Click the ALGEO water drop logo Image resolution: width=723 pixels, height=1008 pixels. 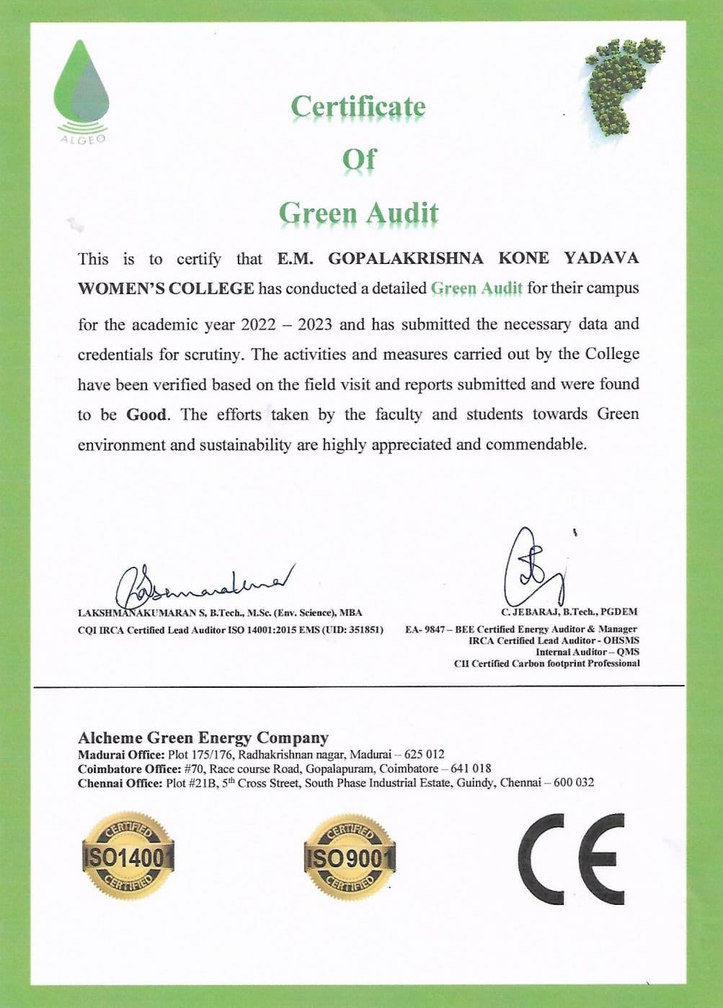pyautogui.click(x=81, y=90)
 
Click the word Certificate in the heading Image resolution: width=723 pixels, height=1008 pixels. pyautogui.click(x=358, y=107)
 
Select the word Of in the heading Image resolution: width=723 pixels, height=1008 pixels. pyautogui.click(x=359, y=159)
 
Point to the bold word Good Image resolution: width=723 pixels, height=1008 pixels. pyautogui.click(x=146, y=415)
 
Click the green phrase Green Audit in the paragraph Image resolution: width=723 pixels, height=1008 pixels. pyautogui.click(x=476, y=288)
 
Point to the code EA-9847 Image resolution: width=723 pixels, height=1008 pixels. pyautogui.click(x=425, y=629)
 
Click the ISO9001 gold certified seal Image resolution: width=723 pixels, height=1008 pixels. pyautogui.click(x=350, y=857)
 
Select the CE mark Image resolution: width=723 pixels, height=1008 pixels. pyautogui.click(x=571, y=858)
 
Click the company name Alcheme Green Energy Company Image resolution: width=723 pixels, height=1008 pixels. pyautogui.click(x=203, y=738)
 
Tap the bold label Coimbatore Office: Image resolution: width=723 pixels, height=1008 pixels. pyautogui.click(x=129, y=769)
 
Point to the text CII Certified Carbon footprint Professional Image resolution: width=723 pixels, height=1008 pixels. pyautogui.click(x=546, y=663)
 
